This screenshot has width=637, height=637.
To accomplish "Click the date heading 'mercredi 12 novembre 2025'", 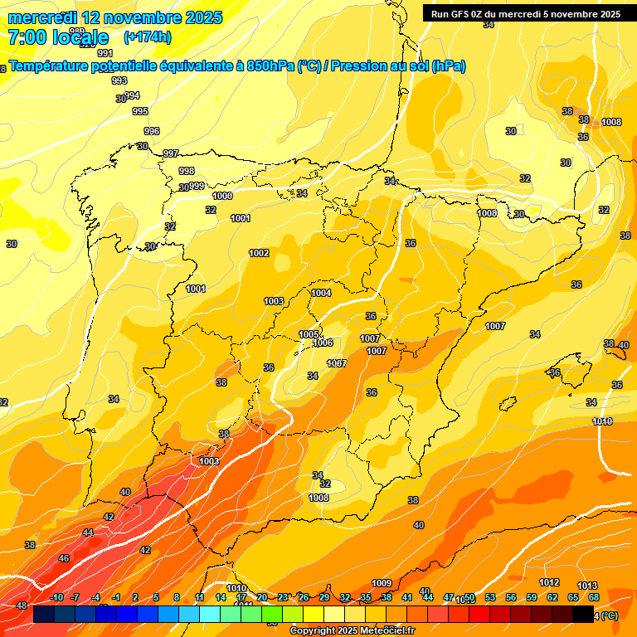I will point(115,17).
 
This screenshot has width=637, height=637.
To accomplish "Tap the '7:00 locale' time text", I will point(58,37).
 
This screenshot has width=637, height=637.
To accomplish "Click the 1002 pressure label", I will point(259,253).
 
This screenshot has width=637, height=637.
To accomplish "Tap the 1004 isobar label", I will point(321,293).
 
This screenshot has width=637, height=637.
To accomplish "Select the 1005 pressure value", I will point(309,334).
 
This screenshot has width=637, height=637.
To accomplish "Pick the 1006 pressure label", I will point(323,343).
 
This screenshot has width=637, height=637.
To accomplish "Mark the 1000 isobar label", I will point(222,196).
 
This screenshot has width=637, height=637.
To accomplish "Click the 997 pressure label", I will point(171,153).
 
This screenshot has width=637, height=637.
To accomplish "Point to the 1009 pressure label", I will point(382,583).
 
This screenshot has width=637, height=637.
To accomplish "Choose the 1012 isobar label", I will point(548,583).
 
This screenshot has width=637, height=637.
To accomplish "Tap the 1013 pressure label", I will point(587,586).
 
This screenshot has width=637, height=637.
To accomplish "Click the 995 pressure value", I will point(140,111).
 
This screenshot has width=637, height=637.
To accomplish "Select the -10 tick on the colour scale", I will point(56,597).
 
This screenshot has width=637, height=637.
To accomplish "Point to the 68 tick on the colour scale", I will point(594,597).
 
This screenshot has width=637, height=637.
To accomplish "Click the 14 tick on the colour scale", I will point(221,597).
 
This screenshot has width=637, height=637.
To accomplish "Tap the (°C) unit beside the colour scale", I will point(608,615).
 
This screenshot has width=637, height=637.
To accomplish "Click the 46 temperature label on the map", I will point(64,558).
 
